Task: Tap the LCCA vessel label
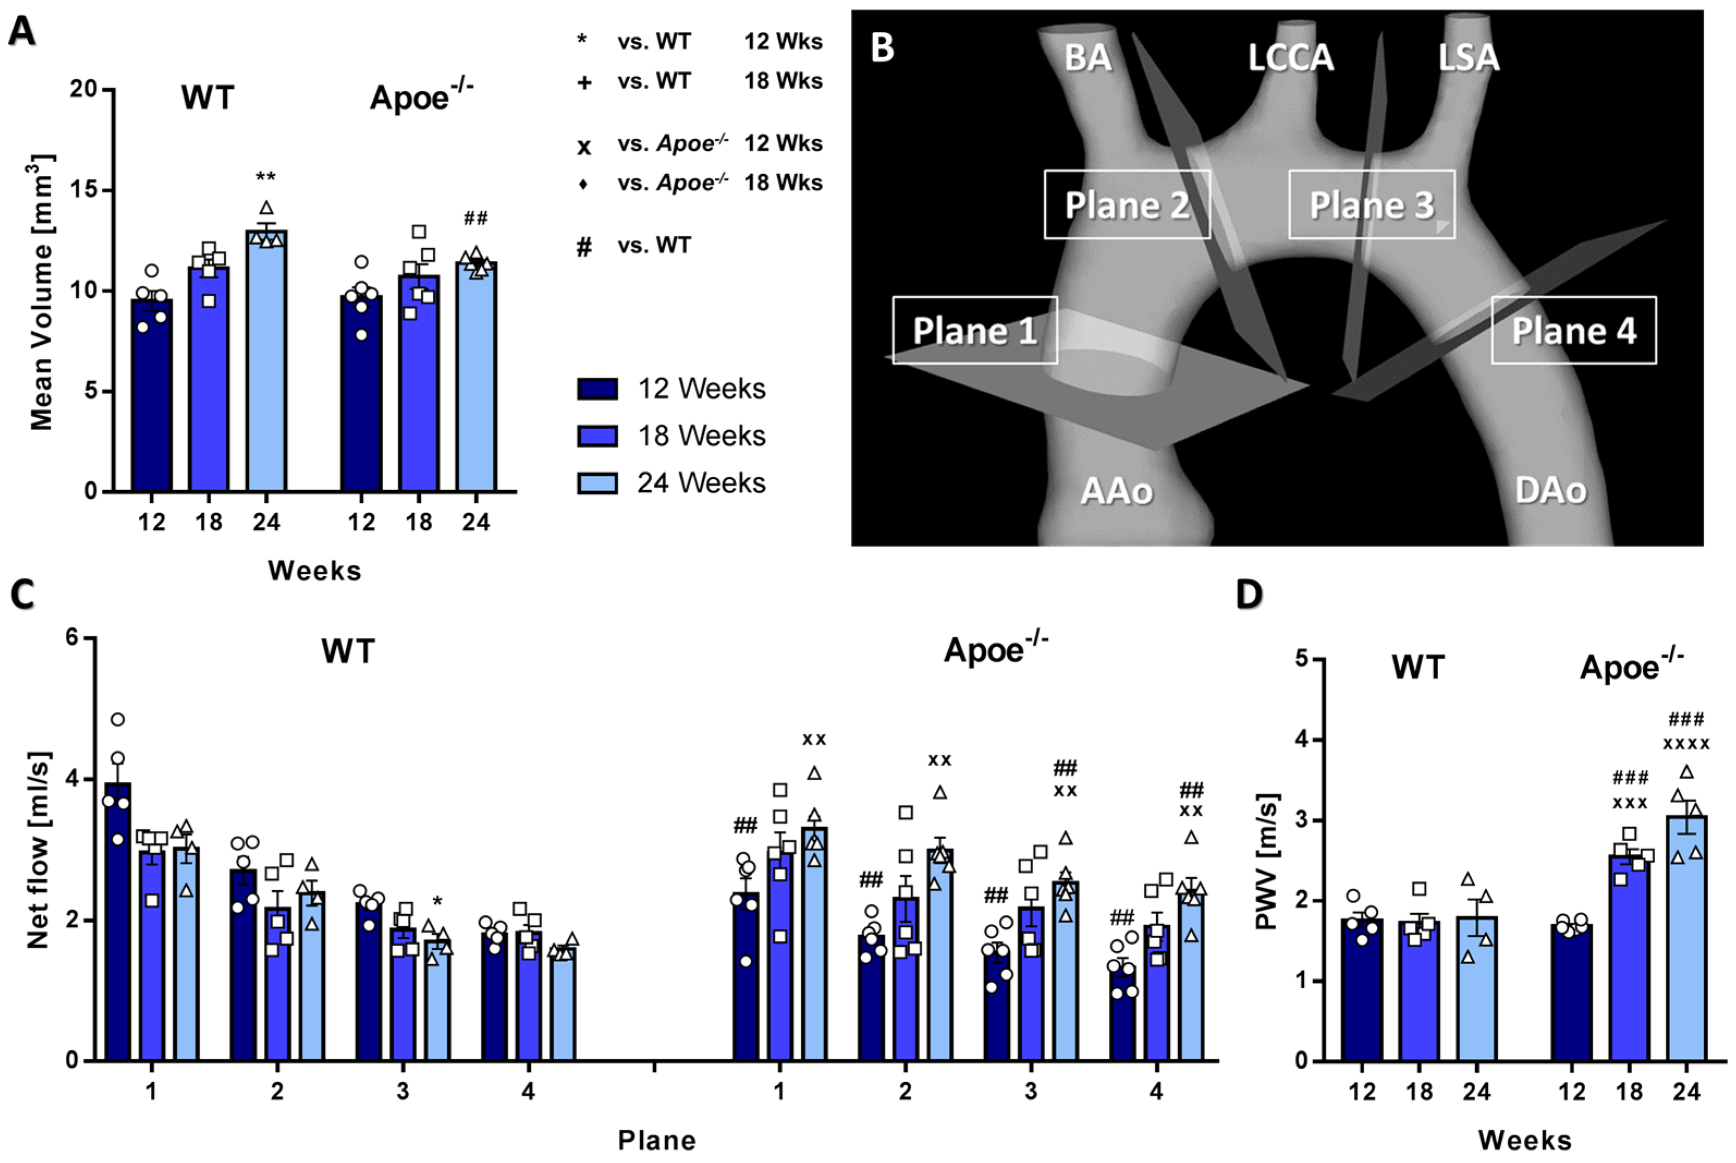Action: tap(1290, 58)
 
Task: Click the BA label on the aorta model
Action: tap(1087, 58)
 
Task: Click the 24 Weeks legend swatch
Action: tap(597, 483)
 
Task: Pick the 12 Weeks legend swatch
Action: tap(597, 389)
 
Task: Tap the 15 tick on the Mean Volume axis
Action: tap(84, 190)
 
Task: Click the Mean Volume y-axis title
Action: tap(41, 293)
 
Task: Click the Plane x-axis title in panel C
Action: tap(657, 1140)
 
